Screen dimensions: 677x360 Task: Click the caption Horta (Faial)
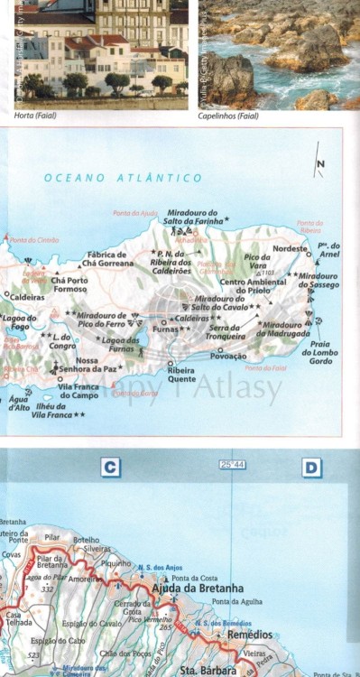tap(36, 116)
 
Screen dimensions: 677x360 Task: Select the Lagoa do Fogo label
tap(19, 322)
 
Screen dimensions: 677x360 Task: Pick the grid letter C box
tap(110, 468)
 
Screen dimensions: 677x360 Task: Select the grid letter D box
tap(311, 468)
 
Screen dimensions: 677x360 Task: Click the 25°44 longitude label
tap(232, 465)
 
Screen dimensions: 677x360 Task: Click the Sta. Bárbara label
tap(208, 670)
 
